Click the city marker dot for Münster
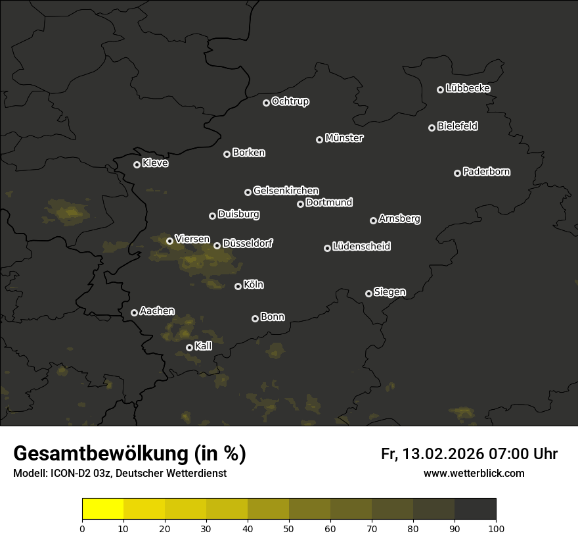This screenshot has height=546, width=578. (320, 139)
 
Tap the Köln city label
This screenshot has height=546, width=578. (254, 285)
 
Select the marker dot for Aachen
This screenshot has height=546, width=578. (134, 312)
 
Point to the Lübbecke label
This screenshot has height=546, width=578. (468, 88)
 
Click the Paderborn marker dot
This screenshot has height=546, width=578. (457, 173)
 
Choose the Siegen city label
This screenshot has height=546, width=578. (389, 292)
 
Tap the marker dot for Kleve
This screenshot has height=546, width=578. (137, 164)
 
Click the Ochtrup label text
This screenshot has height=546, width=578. (290, 101)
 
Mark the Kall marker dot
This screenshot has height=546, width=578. (189, 347)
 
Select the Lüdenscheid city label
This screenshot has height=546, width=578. (361, 247)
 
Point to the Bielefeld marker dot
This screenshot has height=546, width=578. (432, 128)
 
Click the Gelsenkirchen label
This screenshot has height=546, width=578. (286, 191)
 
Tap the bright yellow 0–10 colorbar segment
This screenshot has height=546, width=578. (103, 509)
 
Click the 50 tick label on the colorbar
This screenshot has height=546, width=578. (289, 528)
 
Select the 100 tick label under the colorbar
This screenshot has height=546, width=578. (496, 528)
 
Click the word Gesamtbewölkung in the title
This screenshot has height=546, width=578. (99, 453)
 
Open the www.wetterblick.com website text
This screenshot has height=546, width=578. (474, 473)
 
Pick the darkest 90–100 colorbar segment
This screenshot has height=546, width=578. (475, 509)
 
